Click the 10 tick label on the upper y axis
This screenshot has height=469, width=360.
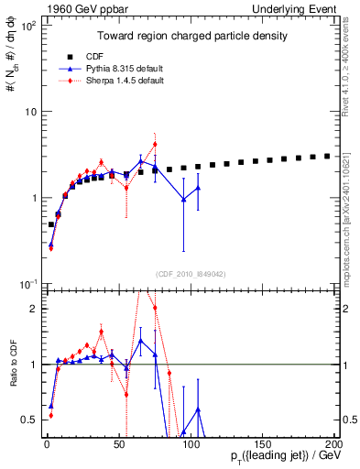(x=27, y=112)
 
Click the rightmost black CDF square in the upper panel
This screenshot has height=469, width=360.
(x=327, y=156)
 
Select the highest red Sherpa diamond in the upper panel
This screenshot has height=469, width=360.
(x=155, y=144)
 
